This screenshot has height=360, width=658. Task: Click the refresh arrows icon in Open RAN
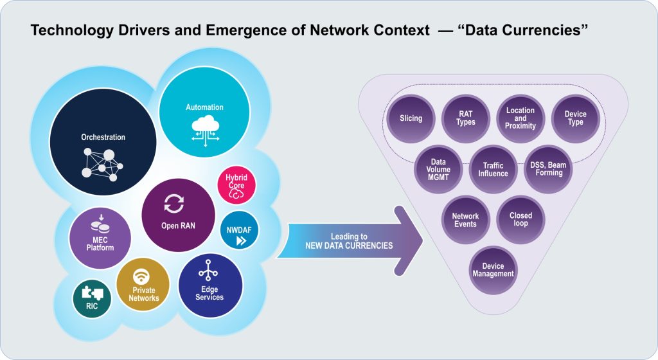173,204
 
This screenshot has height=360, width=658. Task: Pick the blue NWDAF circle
239,234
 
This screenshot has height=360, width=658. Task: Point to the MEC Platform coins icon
99,224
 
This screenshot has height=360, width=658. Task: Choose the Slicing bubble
411,118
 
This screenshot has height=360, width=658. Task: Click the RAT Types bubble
466,118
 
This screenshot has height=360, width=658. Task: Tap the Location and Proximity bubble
520,118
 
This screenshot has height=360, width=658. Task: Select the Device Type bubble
575,118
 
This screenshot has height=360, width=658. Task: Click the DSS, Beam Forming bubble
547,169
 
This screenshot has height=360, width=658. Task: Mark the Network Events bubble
465,221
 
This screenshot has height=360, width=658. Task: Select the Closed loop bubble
520,220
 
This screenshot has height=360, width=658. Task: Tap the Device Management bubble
493,270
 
